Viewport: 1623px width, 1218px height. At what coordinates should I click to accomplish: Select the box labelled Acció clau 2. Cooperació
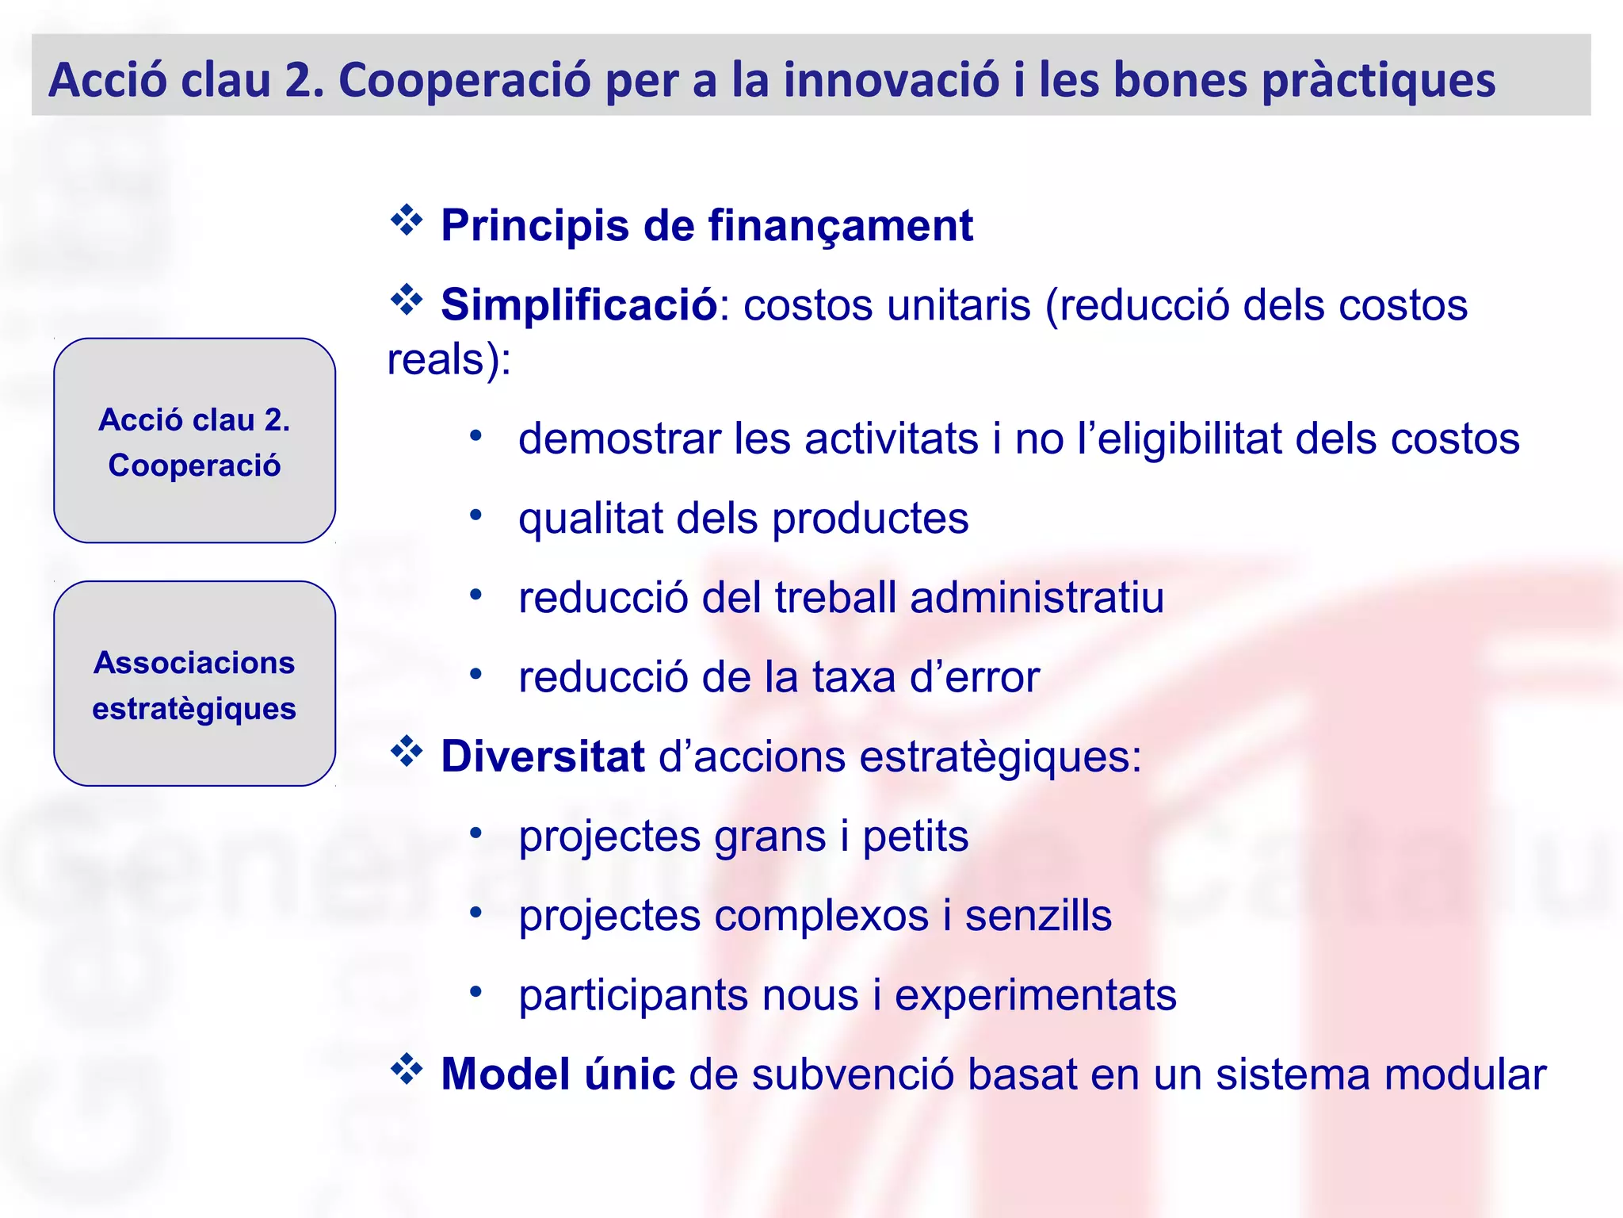point(194,441)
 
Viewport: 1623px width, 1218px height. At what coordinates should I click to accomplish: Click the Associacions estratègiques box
point(194,684)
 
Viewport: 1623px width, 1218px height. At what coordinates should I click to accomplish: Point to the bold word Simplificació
point(579,304)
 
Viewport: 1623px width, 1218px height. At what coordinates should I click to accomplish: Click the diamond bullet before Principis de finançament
point(407,220)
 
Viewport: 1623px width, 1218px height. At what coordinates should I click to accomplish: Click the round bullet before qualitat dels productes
point(475,515)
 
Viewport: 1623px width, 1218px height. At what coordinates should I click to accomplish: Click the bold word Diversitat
point(543,756)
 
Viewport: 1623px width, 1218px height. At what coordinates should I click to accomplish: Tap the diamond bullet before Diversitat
point(407,752)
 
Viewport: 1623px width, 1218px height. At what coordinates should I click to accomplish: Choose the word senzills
point(1038,915)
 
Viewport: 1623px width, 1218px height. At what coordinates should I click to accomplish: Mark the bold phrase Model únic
point(558,1074)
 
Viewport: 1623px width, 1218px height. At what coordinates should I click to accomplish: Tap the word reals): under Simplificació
point(449,360)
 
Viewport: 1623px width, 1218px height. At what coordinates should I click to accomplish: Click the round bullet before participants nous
point(475,991)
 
